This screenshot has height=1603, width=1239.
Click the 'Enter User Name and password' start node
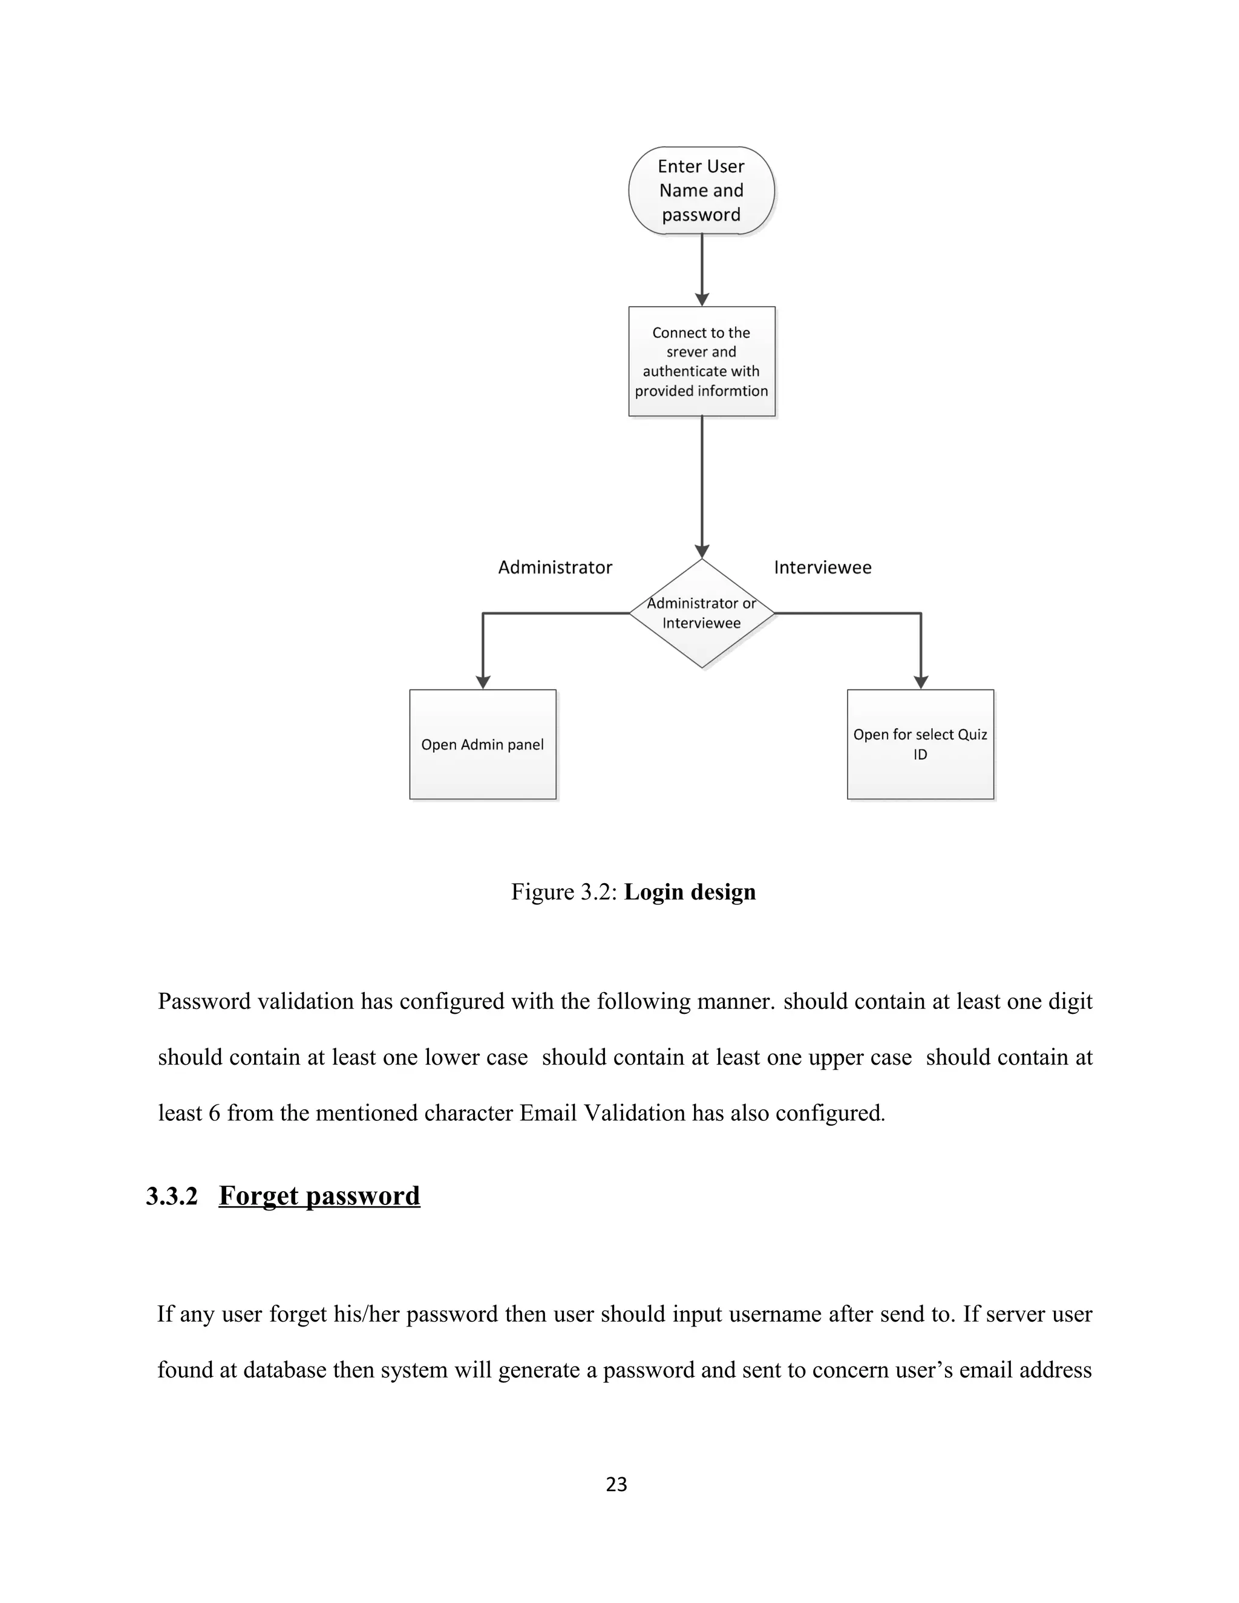701,191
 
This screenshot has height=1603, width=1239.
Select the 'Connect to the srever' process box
701,361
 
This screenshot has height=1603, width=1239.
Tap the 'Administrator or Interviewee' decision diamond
701,613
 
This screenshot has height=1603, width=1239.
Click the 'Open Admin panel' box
482,744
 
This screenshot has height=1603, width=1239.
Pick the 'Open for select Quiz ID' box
920,744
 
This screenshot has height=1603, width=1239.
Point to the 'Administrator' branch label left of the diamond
555,567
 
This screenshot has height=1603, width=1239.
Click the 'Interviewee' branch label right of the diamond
822,567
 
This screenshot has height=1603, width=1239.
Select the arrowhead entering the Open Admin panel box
483,682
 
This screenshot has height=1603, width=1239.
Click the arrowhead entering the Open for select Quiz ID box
920,682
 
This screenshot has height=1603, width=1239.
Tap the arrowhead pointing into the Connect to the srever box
702,299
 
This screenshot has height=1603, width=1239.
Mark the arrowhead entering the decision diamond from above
702,552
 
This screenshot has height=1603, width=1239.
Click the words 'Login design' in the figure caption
689,892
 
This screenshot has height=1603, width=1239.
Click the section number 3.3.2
172,1196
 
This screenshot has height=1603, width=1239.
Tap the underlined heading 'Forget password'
319,1196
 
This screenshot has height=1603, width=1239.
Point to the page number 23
616,1484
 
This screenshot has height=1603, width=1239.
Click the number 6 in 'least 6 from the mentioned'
214,1114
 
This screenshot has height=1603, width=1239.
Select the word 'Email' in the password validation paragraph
548,1114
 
